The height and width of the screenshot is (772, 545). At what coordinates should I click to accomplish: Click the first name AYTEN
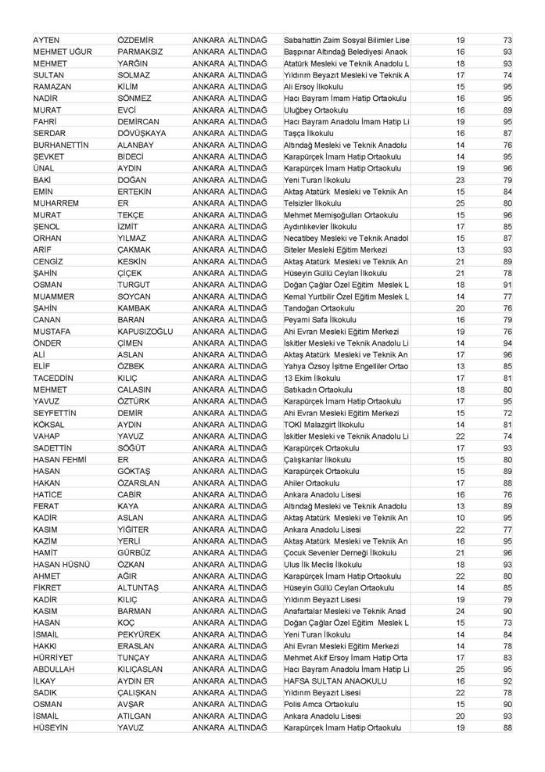click(47, 40)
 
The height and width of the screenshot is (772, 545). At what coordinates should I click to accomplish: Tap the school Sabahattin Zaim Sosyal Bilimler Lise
click(346, 40)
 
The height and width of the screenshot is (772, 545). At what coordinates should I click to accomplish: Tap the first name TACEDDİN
click(53, 378)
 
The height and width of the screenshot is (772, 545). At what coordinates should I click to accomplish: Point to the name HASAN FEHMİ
click(59, 459)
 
